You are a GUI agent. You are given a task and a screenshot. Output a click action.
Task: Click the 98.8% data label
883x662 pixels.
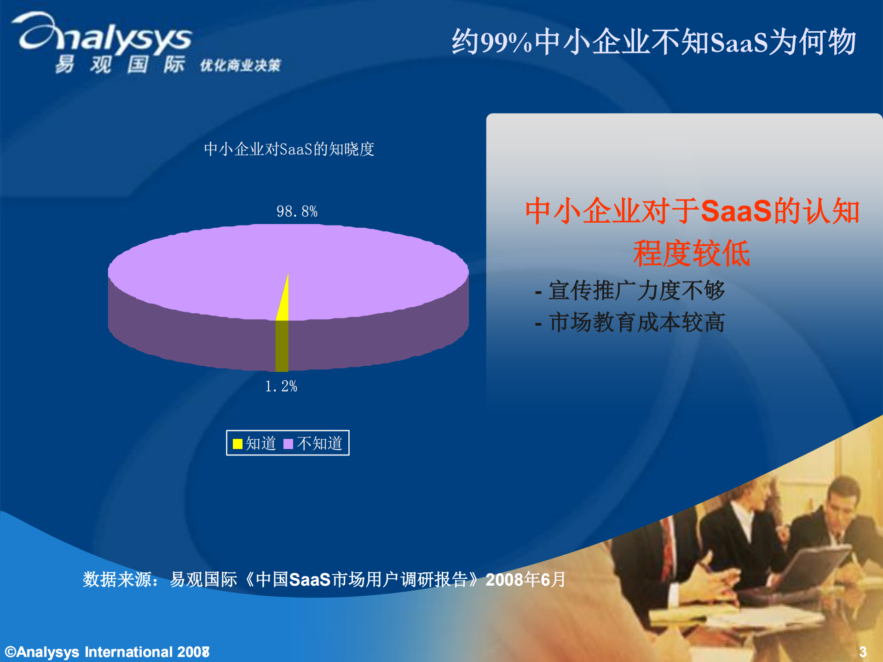click(297, 211)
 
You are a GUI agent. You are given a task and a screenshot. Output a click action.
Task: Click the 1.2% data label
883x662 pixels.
click(281, 386)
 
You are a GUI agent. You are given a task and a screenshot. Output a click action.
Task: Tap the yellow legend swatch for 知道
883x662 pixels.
click(237, 443)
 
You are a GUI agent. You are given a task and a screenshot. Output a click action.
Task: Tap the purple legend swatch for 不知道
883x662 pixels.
click(288, 443)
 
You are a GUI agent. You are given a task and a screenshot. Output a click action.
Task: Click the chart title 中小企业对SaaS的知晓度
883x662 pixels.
click(289, 149)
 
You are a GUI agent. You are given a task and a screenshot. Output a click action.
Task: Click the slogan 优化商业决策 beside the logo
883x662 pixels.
click(240, 66)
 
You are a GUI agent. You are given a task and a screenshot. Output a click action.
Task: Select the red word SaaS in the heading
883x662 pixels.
click(736, 211)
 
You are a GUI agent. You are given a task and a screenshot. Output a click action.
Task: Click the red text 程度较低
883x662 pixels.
click(691, 253)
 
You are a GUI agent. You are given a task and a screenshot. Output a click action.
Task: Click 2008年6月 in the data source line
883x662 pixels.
click(525, 580)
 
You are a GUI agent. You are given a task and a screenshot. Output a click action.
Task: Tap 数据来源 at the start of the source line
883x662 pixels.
click(117, 580)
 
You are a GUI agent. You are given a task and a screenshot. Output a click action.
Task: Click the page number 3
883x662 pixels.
click(863, 651)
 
